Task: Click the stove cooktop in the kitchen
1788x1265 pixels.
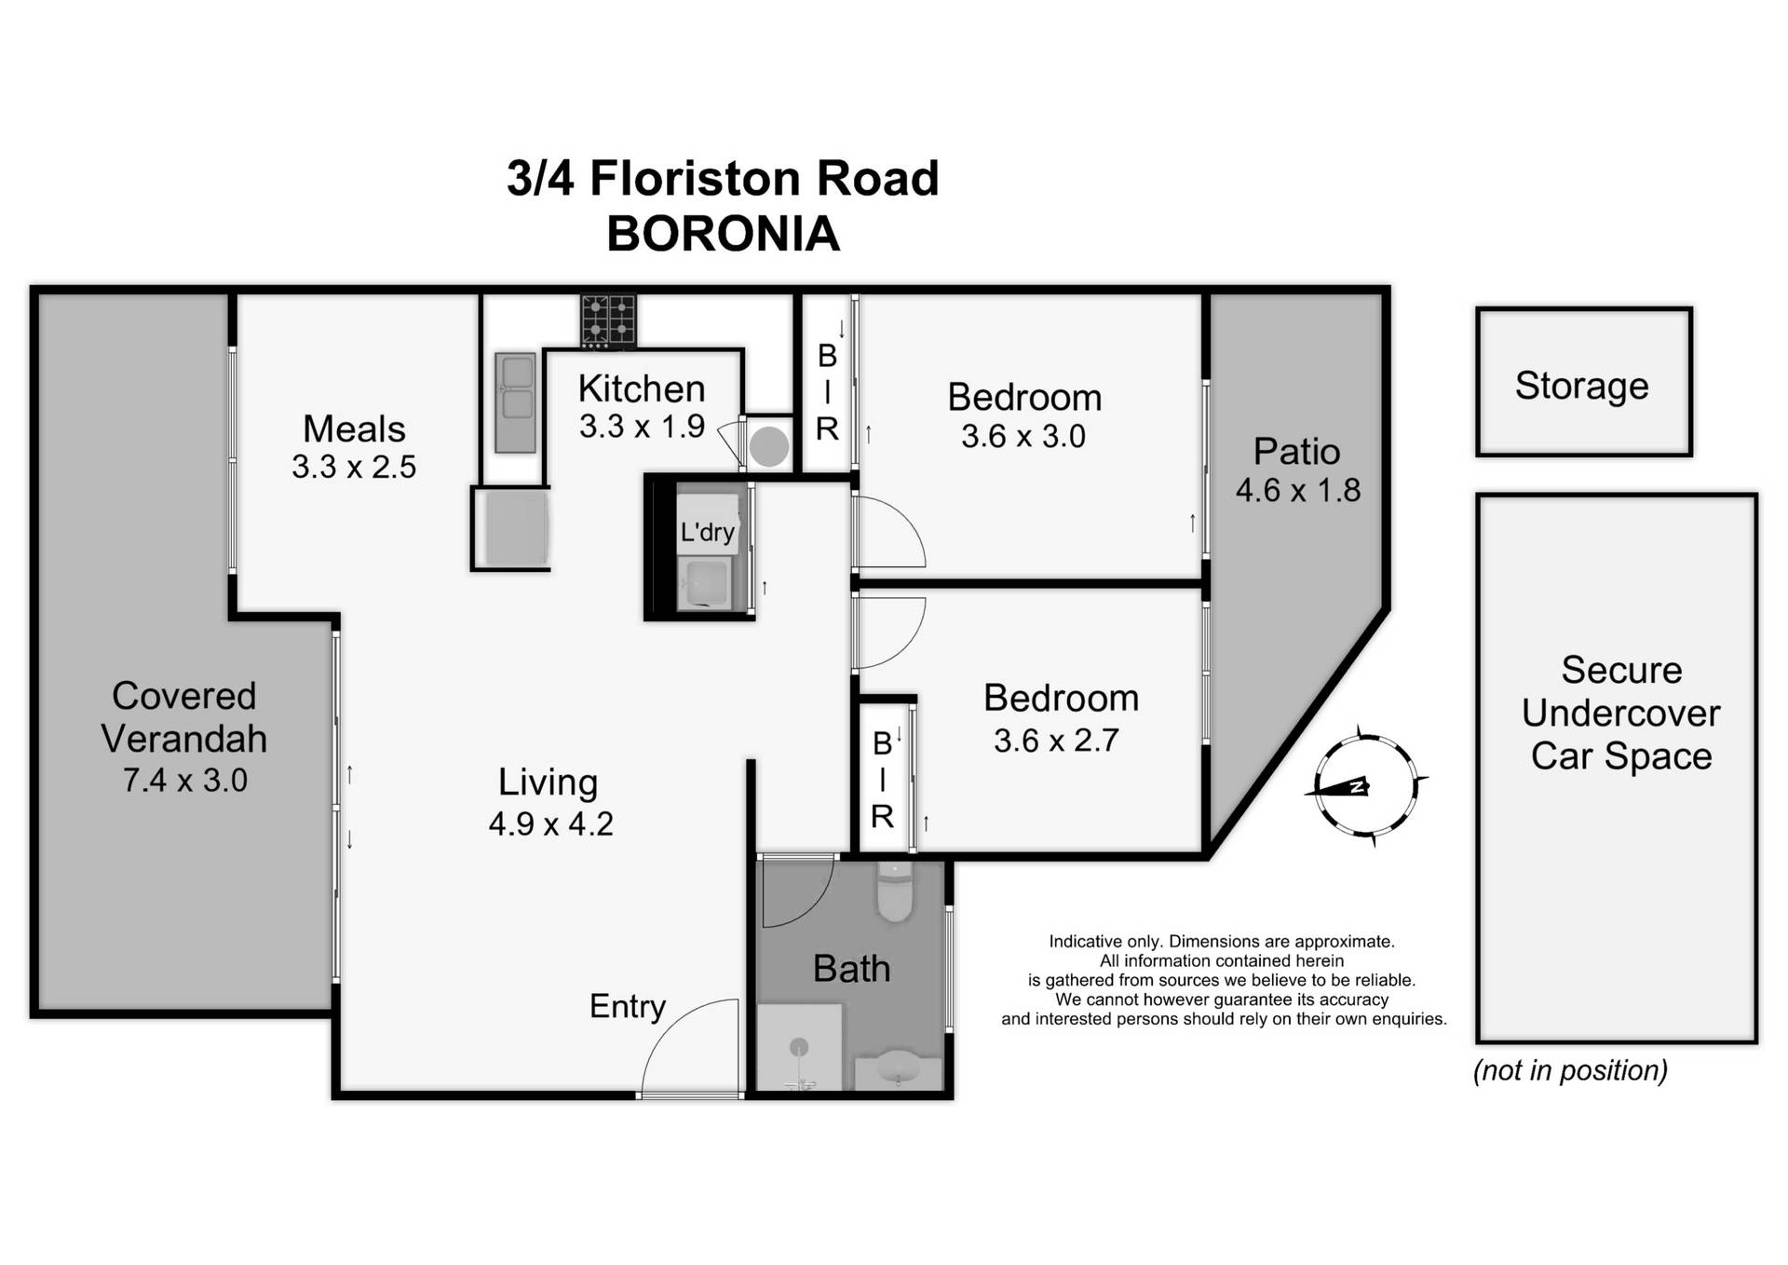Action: click(x=608, y=320)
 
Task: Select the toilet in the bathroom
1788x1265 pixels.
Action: click(x=894, y=891)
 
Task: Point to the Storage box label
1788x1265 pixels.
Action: click(x=1581, y=385)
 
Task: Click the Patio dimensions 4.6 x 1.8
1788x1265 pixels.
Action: click(x=1297, y=490)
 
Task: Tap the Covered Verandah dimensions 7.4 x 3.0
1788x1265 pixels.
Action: click(x=184, y=780)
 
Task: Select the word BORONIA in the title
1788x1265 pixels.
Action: click(x=723, y=234)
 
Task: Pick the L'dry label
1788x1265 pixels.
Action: click(x=707, y=532)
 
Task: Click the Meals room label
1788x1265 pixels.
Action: click(x=354, y=428)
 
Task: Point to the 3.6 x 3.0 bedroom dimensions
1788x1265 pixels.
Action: click(x=1023, y=436)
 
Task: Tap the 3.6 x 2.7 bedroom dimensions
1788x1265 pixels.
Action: click(x=1055, y=741)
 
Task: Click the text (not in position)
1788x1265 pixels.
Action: click(x=1570, y=1070)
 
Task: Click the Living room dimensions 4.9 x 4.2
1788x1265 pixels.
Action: click(x=550, y=823)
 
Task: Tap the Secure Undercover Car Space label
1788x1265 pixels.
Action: click(x=1620, y=713)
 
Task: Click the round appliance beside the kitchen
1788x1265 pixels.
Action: click(x=768, y=446)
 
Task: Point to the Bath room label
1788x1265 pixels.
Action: click(x=851, y=969)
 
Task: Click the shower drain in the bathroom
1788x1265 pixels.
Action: click(x=799, y=1047)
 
